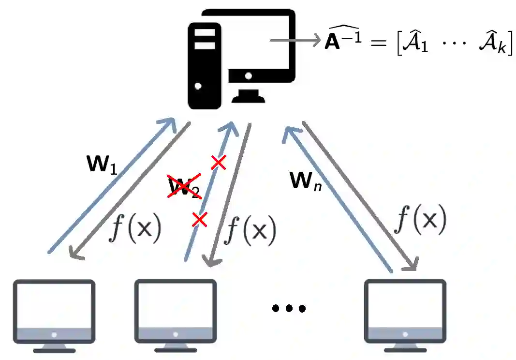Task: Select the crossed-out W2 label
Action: (x=184, y=187)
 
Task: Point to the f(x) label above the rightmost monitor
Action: (x=419, y=220)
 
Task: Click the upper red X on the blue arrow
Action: (x=218, y=163)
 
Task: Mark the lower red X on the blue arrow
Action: (x=199, y=220)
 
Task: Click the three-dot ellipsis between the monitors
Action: (x=289, y=308)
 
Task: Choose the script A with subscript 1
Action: (x=417, y=45)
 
